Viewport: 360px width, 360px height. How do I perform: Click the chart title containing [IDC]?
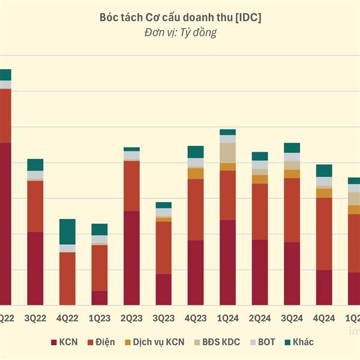coord(180,18)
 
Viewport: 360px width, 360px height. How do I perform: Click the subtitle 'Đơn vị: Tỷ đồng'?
coord(180,33)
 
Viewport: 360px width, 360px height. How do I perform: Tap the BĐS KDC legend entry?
coord(218,343)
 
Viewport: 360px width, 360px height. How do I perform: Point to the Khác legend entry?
coord(298,343)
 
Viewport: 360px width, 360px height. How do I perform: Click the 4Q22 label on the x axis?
coord(67,317)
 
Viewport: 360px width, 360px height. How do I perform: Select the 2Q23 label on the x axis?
coord(131,317)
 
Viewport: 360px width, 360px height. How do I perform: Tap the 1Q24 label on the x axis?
coord(227,317)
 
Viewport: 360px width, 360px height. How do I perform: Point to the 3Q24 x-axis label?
coord(292,317)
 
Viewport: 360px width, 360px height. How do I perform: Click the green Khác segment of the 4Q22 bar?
coord(67,232)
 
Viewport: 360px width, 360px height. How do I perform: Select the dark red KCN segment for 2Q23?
coord(131,258)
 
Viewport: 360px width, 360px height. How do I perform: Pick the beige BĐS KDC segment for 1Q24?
coord(227,153)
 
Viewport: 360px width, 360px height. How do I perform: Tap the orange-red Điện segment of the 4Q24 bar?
coord(324,234)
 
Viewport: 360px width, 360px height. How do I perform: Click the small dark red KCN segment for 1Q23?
coord(100,298)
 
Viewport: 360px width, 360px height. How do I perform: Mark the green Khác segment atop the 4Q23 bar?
coord(196,152)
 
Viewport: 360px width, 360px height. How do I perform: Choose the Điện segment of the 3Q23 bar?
coord(163,248)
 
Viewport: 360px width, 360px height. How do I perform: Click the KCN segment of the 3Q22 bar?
coord(35,268)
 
